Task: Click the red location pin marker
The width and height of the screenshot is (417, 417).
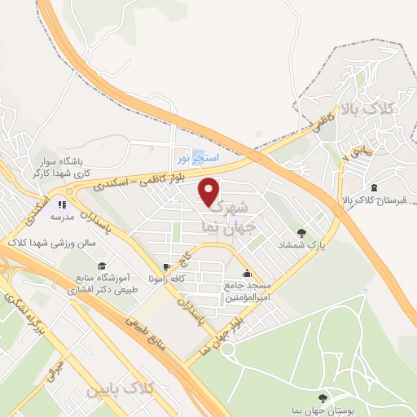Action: tap(210, 191)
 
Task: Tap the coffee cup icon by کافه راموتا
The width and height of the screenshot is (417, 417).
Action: tap(166, 267)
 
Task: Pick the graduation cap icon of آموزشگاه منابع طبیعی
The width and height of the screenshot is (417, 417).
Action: tap(101, 266)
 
